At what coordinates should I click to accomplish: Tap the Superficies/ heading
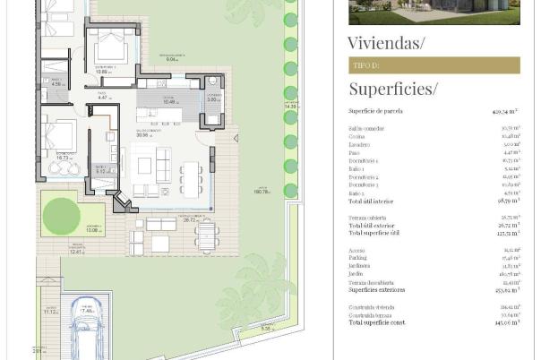(x=393, y=89)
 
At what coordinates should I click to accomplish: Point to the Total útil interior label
(x=374, y=204)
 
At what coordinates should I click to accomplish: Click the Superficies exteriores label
(x=377, y=290)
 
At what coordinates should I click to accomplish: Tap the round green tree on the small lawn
(x=60, y=215)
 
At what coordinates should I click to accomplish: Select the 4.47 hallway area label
(x=103, y=96)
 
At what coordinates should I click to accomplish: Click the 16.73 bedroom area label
(x=64, y=157)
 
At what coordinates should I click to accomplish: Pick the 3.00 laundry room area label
(x=213, y=100)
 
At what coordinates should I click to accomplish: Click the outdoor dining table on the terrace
(x=207, y=236)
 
